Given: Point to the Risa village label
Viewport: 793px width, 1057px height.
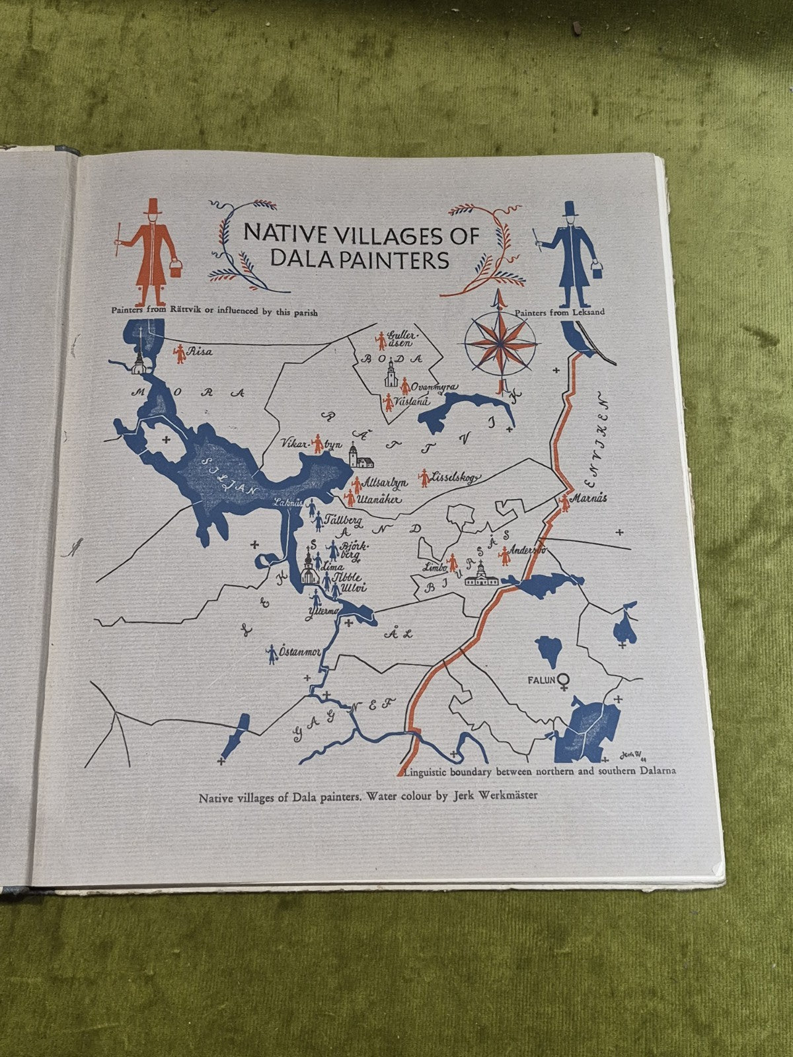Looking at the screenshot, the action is [200, 352].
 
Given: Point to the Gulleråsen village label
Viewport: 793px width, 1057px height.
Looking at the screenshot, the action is [401, 338].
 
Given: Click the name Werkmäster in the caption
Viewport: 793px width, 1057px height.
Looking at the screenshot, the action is [506, 795].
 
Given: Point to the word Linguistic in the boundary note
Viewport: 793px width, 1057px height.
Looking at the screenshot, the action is [426, 771].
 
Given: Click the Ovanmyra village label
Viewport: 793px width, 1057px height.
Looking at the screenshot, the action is [434, 387].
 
